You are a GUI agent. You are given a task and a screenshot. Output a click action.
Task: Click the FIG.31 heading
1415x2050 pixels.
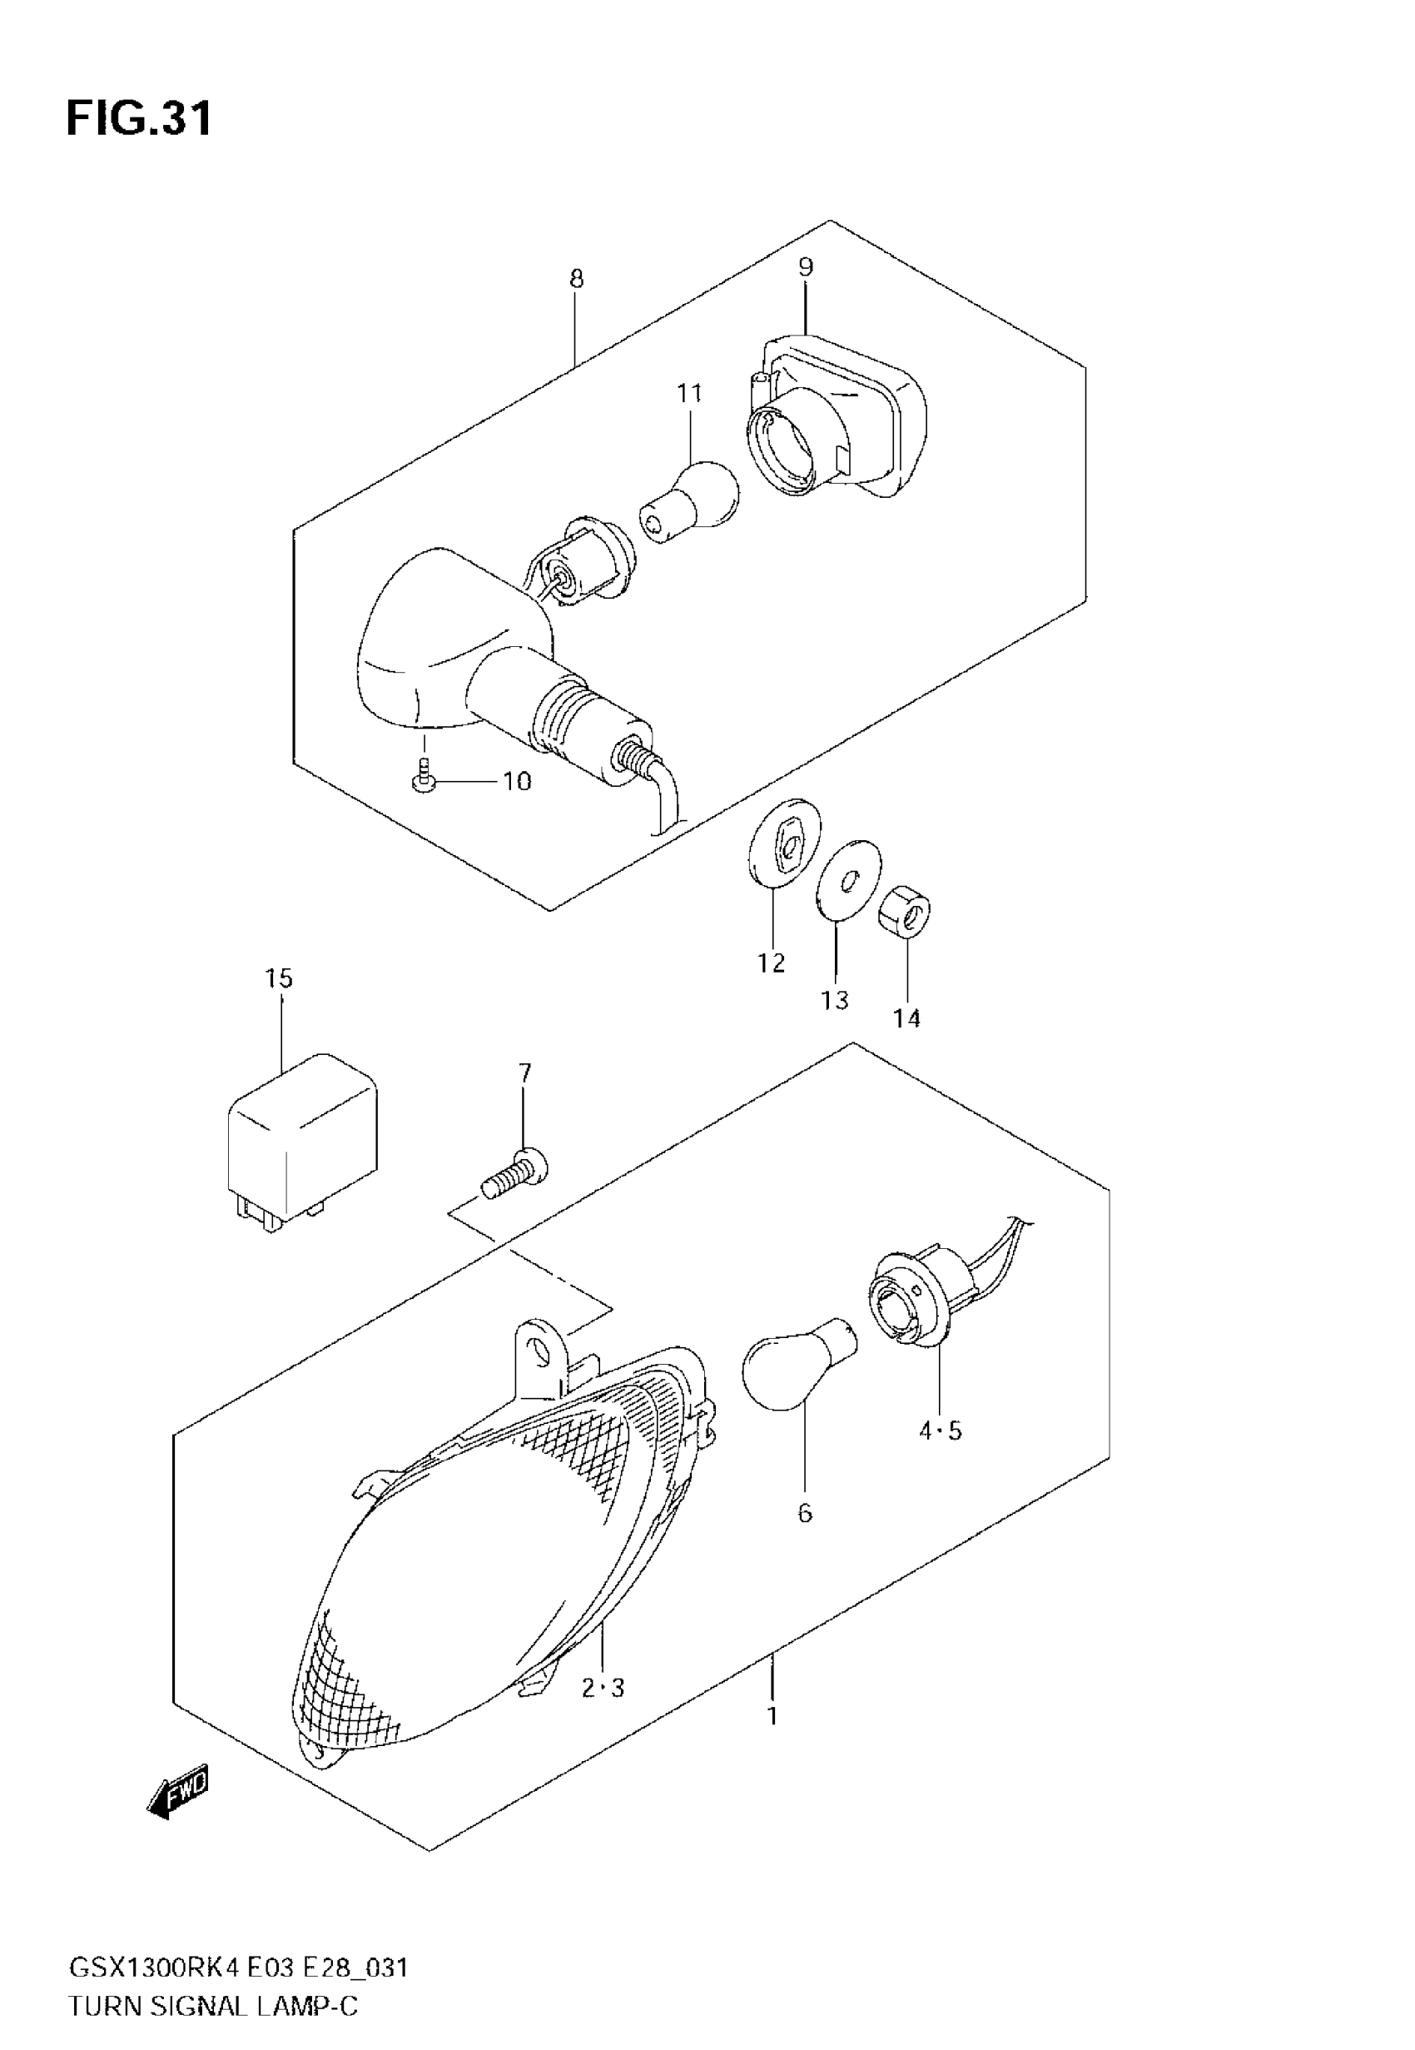point(139,118)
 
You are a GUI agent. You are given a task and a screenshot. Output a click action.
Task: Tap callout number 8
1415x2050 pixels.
point(576,279)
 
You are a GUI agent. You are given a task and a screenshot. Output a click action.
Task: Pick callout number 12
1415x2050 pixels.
point(771,962)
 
